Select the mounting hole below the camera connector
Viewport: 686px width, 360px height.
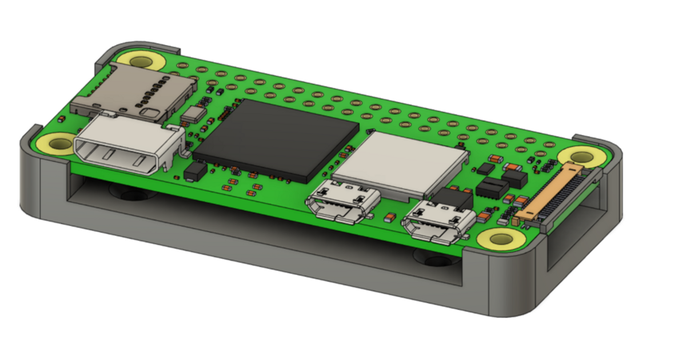click(501, 239)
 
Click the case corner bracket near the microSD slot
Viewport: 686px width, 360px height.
click(137, 47)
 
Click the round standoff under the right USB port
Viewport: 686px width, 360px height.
click(436, 260)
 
